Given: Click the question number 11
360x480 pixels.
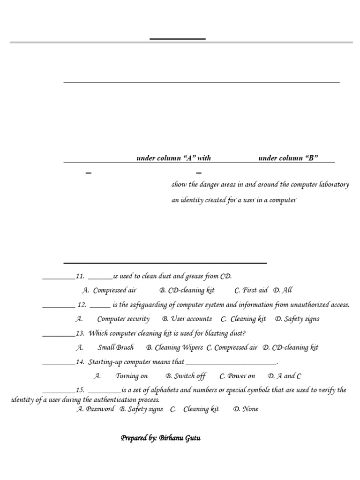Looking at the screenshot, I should click(80, 277).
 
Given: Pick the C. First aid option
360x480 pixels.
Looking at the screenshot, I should click(251, 291).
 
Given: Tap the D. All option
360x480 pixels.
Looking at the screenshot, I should click(283, 291).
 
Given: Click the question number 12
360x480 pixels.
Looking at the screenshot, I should click(82, 305).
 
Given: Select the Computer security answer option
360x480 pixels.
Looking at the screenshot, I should click(123, 319).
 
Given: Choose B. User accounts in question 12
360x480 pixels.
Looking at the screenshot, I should click(187, 319).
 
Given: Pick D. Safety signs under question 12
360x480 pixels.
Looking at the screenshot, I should click(297, 319).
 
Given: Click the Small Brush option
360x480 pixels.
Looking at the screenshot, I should click(115, 348).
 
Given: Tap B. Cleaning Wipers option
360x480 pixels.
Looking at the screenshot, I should click(174, 348).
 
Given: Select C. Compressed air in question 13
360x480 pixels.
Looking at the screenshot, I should click(232, 348).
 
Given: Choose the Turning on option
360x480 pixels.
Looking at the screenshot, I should click(131, 376).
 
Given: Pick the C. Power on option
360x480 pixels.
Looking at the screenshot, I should click(238, 376).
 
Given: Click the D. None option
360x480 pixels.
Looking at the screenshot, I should click(246, 409).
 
